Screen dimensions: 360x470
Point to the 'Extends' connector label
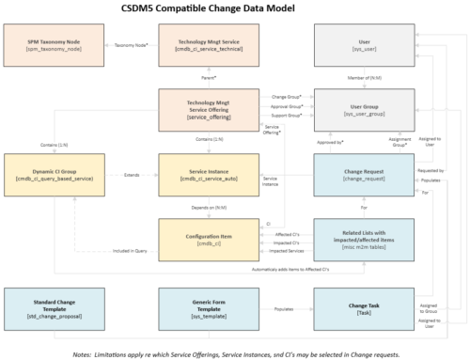pos(132,173)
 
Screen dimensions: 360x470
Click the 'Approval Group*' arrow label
pos(285,107)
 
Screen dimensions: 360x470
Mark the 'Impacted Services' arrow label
pos(286,252)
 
